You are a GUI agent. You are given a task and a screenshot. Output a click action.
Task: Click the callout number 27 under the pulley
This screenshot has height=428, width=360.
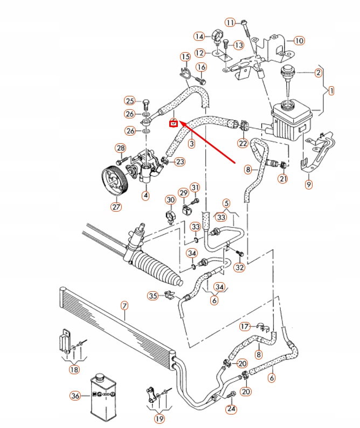pyautogui.click(x=116, y=206)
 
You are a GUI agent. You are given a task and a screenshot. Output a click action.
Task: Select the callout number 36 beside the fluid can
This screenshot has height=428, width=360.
pyautogui.click(x=75, y=396)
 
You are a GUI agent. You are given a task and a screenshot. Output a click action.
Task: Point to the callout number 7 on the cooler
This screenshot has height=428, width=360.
pyautogui.click(x=124, y=306)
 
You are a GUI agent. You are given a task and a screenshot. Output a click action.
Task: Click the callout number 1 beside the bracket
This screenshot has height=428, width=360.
pyautogui.click(x=331, y=91)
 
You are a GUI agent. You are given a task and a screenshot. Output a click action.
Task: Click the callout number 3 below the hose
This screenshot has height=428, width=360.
pyautogui.click(x=191, y=144)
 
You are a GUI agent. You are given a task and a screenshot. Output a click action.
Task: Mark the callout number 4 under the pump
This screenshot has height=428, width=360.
pyautogui.click(x=145, y=195)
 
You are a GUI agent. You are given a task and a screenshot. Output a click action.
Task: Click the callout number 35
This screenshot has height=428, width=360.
pyautogui.click(x=153, y=295)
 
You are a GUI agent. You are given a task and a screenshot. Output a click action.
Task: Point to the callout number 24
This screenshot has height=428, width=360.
pyautogui.click(x=231, y=409)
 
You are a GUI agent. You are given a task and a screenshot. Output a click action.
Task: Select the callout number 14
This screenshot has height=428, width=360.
pyautogui.click(x=200, y=37)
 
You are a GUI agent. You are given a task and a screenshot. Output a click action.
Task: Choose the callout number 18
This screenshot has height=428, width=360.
pyautogui.click(x=73, y=369)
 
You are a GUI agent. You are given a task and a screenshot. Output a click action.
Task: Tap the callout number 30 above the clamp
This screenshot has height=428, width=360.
pyautogui.click(x=170, y=200)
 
